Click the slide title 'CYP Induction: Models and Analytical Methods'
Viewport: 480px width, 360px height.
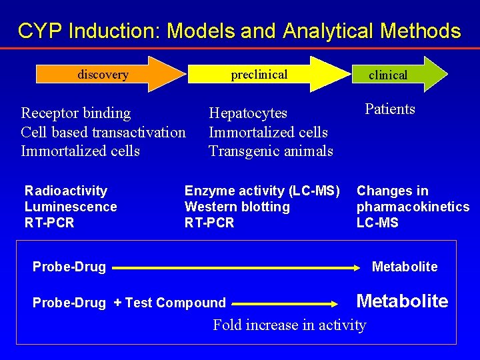click(239, 31)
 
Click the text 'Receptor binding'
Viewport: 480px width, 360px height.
click(76, 113)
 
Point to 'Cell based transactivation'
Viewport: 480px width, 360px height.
click(103, 132)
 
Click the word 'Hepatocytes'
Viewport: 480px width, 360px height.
click(248, 113)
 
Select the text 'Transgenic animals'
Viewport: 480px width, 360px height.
click(271, 151)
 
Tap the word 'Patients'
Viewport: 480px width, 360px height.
click(390, 109)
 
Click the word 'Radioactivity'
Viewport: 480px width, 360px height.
click(66, 191)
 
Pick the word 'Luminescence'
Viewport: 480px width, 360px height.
click(71, 207)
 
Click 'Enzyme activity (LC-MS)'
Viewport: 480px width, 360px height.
click(262, 191)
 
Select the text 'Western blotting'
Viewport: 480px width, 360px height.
click(237, 207)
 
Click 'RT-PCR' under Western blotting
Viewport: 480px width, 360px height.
click(209, 223)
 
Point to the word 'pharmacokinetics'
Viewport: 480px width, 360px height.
click(413, 207)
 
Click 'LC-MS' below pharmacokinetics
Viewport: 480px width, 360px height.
click(377, 223)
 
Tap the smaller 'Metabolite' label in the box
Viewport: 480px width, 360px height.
click(404, 267)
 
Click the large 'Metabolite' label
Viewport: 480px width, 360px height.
click(402, 301)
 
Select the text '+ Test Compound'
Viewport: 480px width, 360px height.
click(170, 303)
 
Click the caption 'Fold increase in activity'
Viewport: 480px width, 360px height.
click(289, 325)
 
